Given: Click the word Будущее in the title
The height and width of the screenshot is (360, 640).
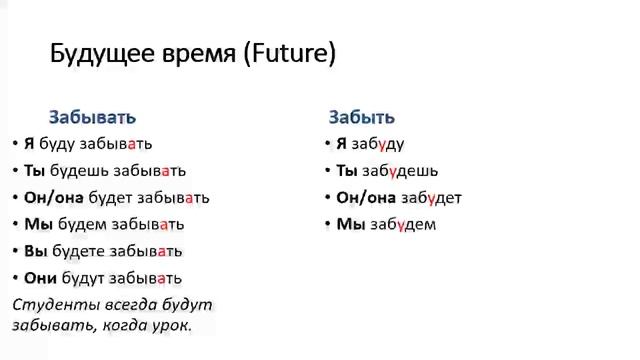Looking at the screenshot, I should click(100, 54).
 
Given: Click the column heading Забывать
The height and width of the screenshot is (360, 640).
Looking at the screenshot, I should click(92, 117).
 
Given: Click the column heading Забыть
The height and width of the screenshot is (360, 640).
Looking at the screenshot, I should click(362, 117).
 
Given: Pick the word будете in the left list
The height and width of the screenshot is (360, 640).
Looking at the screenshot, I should click(83, 250).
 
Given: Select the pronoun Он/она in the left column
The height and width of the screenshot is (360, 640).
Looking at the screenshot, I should click(54, 197).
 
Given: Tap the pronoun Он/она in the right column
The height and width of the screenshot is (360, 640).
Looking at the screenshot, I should click(366, 197).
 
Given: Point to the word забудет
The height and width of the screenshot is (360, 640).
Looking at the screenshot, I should click(434, 197).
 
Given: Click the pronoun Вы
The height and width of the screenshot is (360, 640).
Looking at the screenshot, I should click(35, 250).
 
